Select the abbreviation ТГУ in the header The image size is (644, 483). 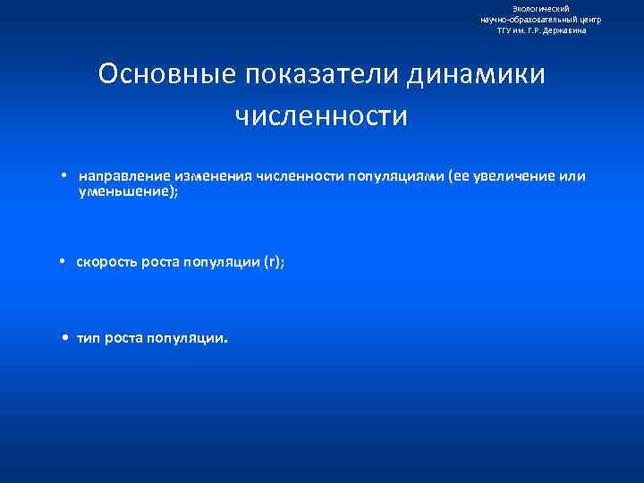tap(506, 30)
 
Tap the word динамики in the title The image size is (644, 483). tap(476, 74)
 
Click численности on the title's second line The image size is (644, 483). tap(321, 116)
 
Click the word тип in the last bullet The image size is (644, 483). tap(89, 339)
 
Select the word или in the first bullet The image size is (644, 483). tap(572, 176)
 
